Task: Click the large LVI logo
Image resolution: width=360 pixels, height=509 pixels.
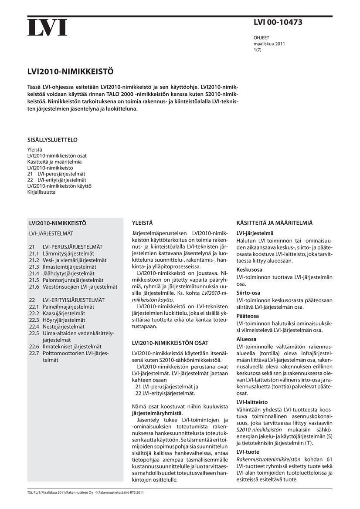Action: [48, 27]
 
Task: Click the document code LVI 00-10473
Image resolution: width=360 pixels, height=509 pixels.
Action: [278, 23]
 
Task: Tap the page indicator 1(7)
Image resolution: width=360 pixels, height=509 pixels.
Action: [258, 50]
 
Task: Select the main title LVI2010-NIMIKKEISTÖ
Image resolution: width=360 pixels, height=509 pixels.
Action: [70, 70]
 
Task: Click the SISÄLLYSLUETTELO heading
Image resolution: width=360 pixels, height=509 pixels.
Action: [52, 140]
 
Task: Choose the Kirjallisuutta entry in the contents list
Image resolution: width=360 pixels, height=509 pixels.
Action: [41, 192]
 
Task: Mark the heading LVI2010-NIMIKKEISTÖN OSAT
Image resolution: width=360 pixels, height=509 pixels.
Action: [170, 343]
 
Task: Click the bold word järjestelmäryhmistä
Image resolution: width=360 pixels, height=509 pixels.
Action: [157, 413]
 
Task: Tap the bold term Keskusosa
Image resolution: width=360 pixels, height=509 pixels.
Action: [249, 270]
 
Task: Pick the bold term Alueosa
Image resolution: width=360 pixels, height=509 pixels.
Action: [246, 339]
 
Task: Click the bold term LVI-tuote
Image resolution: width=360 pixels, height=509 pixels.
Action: [248, 452]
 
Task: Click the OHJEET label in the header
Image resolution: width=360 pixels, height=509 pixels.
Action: [262, 38]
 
